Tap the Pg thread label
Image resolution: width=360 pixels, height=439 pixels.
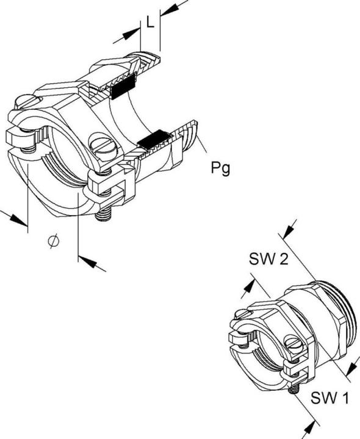[220, 168]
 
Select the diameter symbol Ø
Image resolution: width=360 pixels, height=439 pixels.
[54, 240]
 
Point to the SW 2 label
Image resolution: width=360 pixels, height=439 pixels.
[268, 259]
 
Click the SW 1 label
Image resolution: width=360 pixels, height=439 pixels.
[329, 398]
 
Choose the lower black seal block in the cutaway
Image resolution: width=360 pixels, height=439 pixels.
[155, 139]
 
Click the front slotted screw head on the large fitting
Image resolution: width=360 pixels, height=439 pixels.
[103, 145]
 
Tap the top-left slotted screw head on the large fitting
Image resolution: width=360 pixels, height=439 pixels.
[27, 102]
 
